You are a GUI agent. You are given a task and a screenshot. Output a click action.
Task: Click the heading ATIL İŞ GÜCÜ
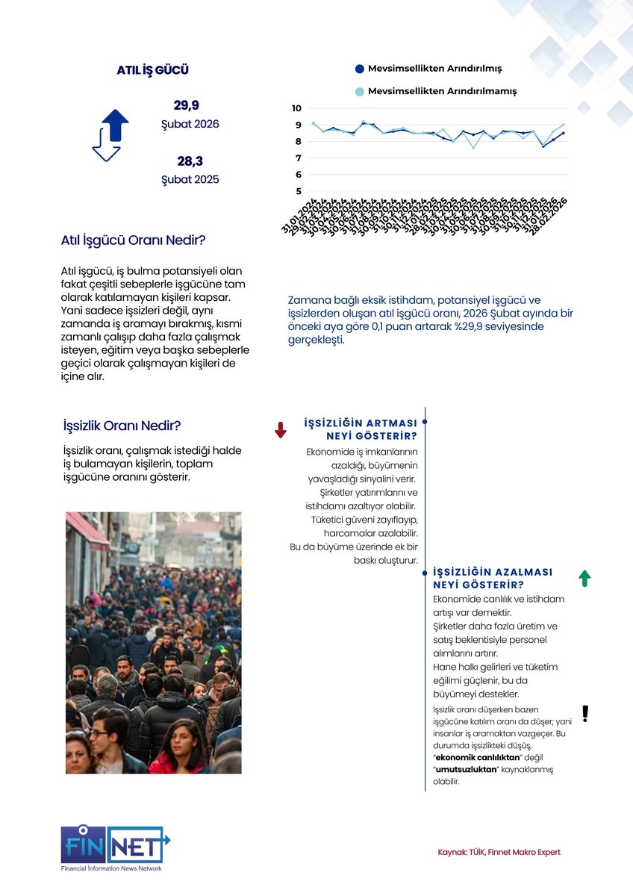(x=152, y=70)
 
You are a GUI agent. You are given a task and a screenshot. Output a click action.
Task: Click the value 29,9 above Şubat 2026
(x=187, y=105)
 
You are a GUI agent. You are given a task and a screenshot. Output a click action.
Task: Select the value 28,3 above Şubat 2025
(x=190, y=161)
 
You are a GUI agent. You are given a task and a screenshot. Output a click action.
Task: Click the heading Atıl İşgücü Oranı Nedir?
(x=133, y=240)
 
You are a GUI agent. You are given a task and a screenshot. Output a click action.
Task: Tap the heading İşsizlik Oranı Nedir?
(x=122, y=426)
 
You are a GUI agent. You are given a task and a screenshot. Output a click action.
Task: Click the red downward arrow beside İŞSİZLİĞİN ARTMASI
(x=281, y=429)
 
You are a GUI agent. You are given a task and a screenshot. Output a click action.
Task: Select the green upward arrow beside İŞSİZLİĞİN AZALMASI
(x=584, y=578)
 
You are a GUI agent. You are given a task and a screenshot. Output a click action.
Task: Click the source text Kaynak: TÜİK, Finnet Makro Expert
(x=499, y=852)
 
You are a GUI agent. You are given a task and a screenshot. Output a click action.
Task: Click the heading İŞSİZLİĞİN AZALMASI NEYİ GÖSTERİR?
(x=493, y=578)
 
